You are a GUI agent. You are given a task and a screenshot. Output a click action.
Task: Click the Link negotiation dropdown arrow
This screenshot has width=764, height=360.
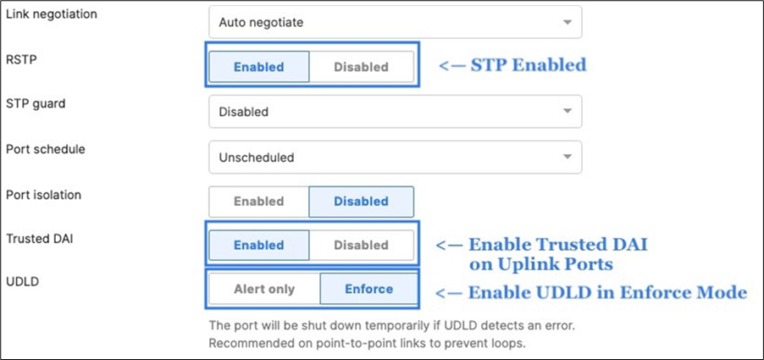567,22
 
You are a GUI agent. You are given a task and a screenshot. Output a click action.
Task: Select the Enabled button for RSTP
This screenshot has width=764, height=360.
258,67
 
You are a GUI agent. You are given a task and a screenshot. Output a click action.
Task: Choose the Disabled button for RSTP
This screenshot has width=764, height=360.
361,67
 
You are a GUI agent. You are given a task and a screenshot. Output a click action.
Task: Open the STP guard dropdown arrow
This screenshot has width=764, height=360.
567,111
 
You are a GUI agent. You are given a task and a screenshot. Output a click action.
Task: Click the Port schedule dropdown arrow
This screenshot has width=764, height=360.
567,157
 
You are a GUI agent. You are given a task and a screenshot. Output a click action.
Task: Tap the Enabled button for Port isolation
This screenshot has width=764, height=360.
258,202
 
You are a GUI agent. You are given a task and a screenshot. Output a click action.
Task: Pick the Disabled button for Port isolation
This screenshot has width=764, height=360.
361,202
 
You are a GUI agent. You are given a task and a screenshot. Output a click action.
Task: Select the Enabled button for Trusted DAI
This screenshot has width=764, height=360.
258,246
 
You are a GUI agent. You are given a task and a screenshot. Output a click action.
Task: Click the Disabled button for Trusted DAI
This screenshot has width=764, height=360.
361,246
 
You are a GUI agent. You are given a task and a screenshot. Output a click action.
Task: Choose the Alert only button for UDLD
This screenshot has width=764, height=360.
264,289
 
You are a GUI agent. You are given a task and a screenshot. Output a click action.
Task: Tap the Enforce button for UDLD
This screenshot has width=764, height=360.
368,289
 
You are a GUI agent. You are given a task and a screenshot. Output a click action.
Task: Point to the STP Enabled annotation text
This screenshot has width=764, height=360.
512,65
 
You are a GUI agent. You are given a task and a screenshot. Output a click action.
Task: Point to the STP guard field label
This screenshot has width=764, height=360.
36,105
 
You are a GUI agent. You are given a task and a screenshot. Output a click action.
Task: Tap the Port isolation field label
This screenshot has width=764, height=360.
43,195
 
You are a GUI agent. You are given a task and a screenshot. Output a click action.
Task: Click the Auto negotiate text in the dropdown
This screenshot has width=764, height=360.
261,23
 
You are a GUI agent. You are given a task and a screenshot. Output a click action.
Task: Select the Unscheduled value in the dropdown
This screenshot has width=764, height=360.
257,157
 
